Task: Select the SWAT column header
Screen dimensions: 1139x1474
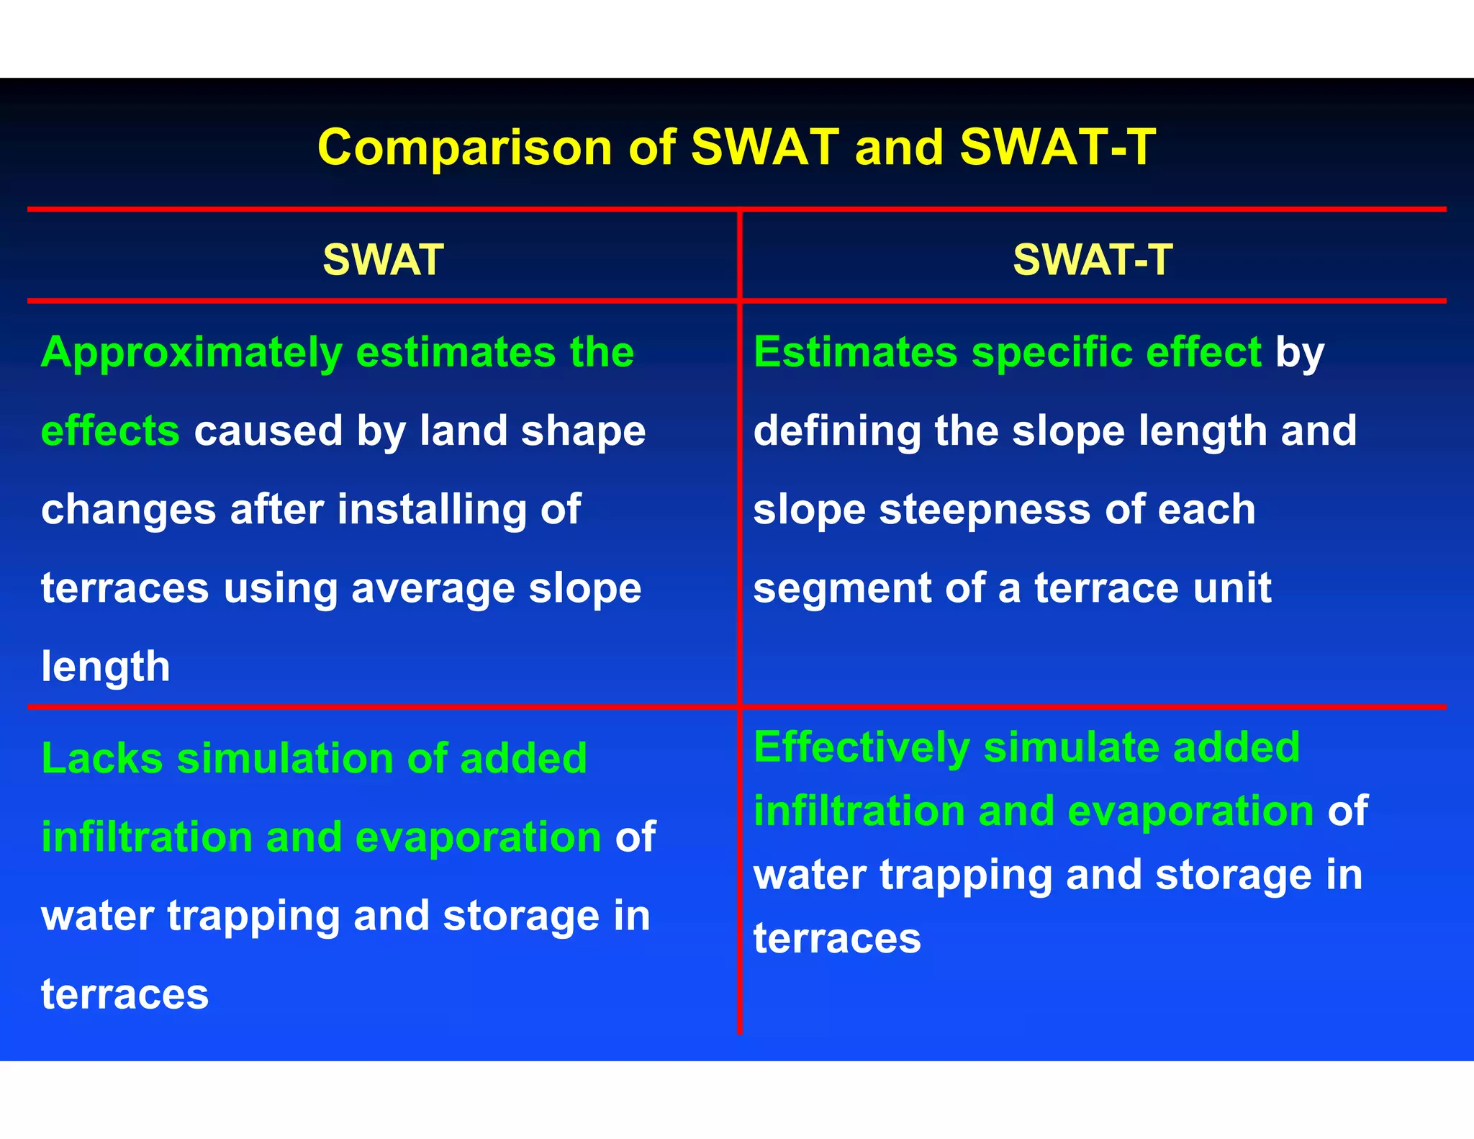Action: click(383, 259)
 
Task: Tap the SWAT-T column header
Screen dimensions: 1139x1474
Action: click(1093, 259)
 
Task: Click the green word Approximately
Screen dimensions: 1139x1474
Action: click(191, 353)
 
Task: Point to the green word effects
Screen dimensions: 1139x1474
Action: click(110, 431)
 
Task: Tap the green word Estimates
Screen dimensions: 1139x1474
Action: click(855, 353)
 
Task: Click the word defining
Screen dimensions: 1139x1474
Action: click(837, 431)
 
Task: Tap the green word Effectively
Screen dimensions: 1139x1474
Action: click(862, 747)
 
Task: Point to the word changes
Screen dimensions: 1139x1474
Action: click(128, 510)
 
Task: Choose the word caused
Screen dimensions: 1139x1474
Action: click(268, 431)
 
